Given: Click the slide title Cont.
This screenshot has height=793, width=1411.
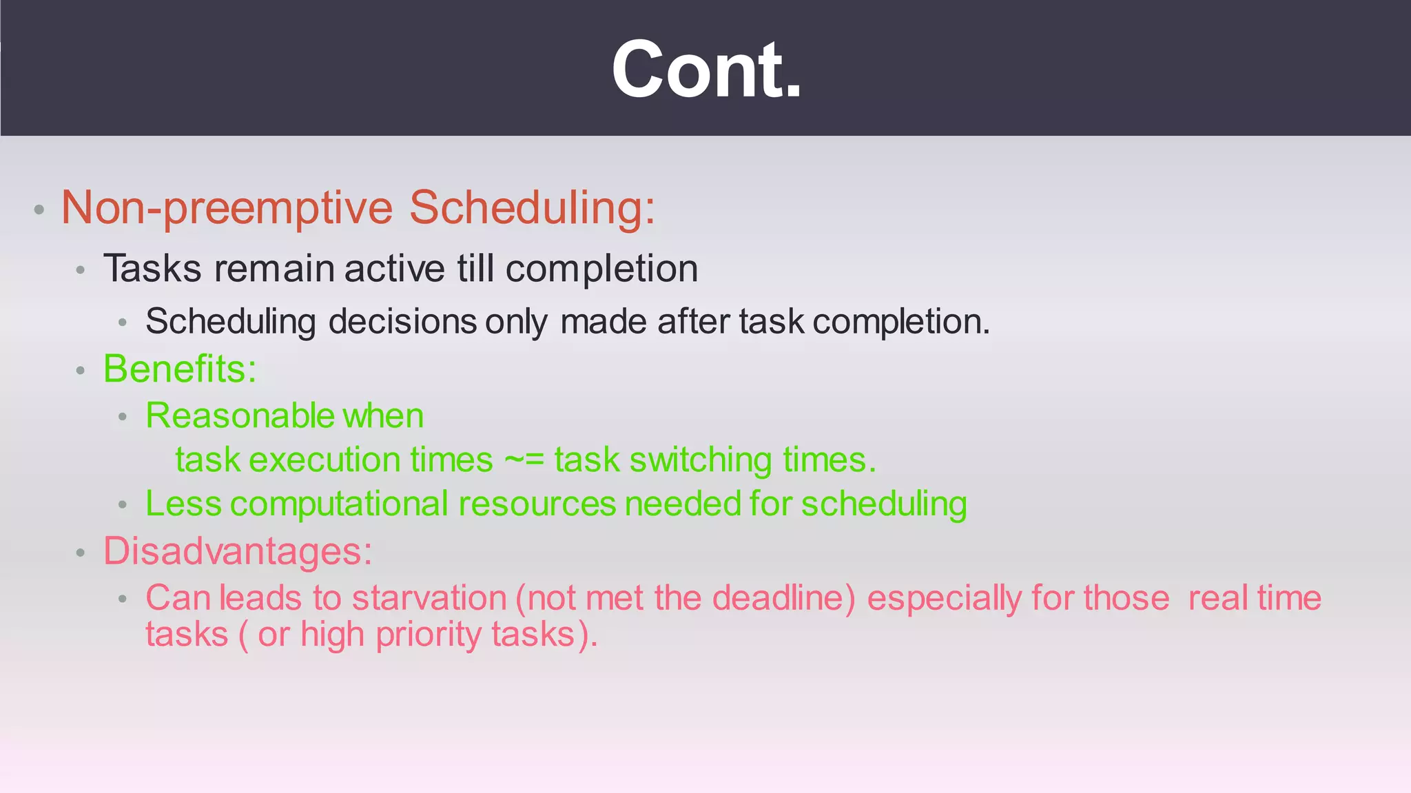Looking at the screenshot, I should [x=706, y=70].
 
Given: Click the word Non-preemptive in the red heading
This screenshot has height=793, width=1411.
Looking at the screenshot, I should [x=227, y=207].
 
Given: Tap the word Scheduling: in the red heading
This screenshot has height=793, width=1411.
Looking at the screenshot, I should [x=532, y=207].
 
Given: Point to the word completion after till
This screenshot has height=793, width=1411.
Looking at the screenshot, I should [x=601, y=269].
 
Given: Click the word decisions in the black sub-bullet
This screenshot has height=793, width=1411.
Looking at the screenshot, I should [x=402, y=322].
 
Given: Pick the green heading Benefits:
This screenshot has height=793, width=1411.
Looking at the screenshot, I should [x=180, y=369].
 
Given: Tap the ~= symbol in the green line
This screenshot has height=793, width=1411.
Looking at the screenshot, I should [x=524, y=460].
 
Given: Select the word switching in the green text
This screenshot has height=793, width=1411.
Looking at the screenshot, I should [x=700, y=460].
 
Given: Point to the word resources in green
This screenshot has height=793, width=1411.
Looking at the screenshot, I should [x=537, y=504].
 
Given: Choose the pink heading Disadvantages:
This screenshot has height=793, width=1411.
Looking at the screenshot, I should [x=238, y=551].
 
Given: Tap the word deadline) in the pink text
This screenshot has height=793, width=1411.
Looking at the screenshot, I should [x=783, y=598].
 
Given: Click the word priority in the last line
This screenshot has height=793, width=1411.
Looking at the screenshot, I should [x=428, y=635].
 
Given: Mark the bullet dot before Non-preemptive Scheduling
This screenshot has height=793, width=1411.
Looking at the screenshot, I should [x=39, y=209].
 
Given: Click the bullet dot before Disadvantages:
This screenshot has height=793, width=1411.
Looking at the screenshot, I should [x=81, y=553].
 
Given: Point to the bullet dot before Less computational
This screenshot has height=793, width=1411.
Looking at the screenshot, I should [x=123, y=506].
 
